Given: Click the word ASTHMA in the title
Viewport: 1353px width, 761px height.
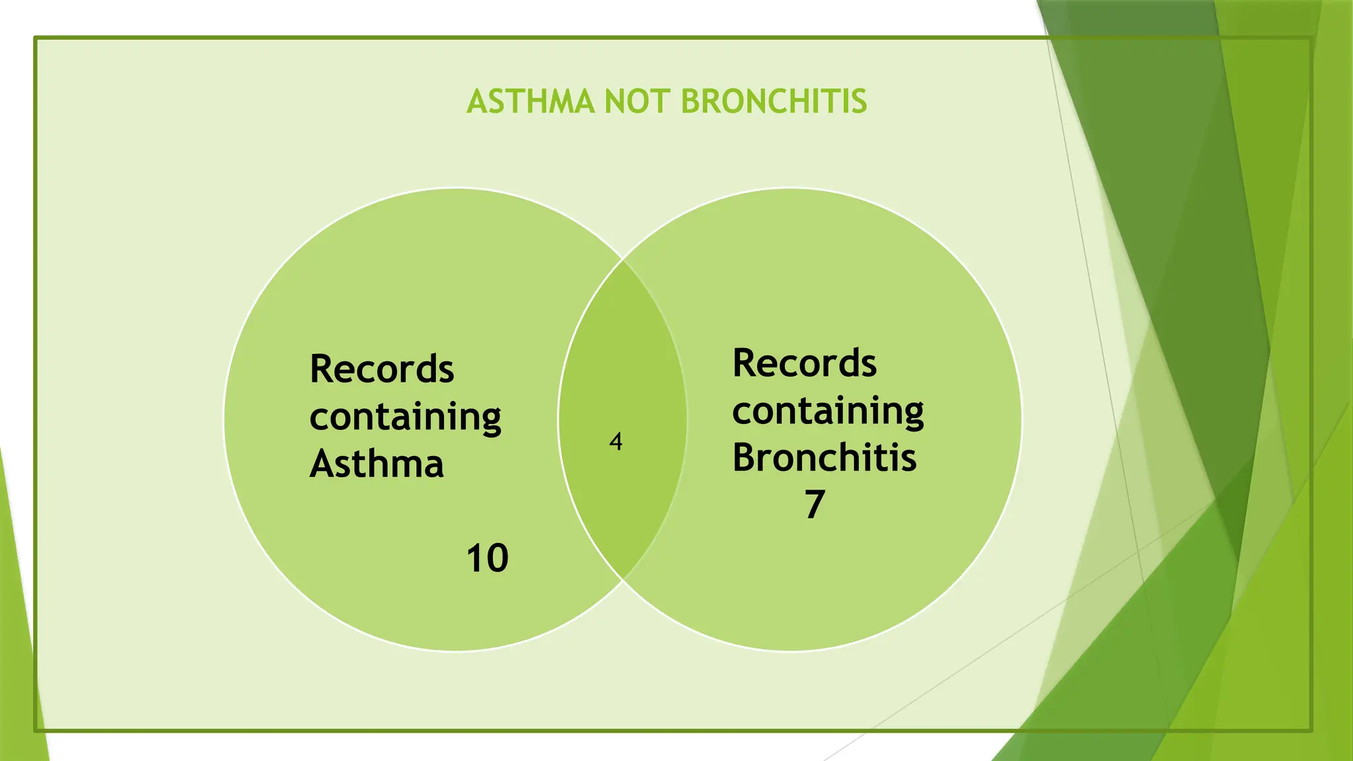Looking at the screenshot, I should coord(530,102).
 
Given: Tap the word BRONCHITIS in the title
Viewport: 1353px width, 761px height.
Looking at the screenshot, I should coord(773,102).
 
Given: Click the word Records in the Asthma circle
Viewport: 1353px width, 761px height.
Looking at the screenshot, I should coord(382,369).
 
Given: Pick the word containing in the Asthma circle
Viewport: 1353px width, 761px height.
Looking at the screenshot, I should coord(405,417).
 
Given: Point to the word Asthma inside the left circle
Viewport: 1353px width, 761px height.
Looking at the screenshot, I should coord(377,464).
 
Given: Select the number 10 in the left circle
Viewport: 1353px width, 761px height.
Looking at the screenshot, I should coord(487,558).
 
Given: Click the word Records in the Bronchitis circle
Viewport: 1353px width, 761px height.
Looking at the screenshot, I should coord(804,363).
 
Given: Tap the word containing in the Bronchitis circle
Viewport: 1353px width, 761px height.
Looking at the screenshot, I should coord(828,412).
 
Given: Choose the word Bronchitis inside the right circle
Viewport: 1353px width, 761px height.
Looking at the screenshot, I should coord(824,458).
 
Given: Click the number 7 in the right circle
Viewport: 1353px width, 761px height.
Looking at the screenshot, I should coord(815,505).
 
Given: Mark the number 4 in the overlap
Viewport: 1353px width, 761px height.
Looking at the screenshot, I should coord(616,441).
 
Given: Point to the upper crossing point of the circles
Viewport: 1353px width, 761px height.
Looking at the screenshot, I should coord(623,260).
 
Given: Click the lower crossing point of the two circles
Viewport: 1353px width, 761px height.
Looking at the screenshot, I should coord(623,580).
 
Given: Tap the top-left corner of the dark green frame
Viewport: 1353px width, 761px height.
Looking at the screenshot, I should coord(36,38).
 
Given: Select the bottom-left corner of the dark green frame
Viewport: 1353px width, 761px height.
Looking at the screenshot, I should coord(36,730).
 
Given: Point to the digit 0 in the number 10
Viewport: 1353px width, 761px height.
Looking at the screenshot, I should coord(496,558).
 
